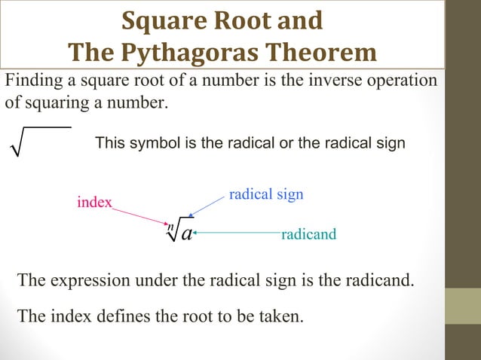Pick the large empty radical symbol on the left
[38, 143]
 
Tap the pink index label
[94, 202]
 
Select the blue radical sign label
[265, 194]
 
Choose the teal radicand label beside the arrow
[308, 236]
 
